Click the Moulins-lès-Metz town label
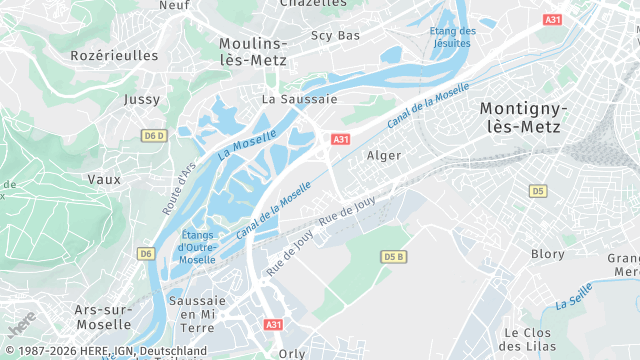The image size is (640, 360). [253, 52]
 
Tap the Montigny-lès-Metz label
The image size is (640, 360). [523, 117]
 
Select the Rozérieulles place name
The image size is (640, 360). [114, 56]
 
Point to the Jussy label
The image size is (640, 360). [141, 100]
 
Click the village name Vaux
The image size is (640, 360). [104, 180]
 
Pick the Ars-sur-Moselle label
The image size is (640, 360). [103, 317]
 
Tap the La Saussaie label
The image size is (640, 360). [300, 100]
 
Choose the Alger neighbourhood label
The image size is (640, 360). [384, 156]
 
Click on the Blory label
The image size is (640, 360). [548, 254]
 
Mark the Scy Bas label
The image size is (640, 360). [335, 36]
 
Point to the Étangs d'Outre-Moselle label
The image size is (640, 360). [197, 247]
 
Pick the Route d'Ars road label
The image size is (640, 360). [179, 189]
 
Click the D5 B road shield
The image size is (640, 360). [395, 257]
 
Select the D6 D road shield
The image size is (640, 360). [153, 135]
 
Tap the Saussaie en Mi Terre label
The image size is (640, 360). [197, 314]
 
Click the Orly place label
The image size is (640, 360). [292, 353]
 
